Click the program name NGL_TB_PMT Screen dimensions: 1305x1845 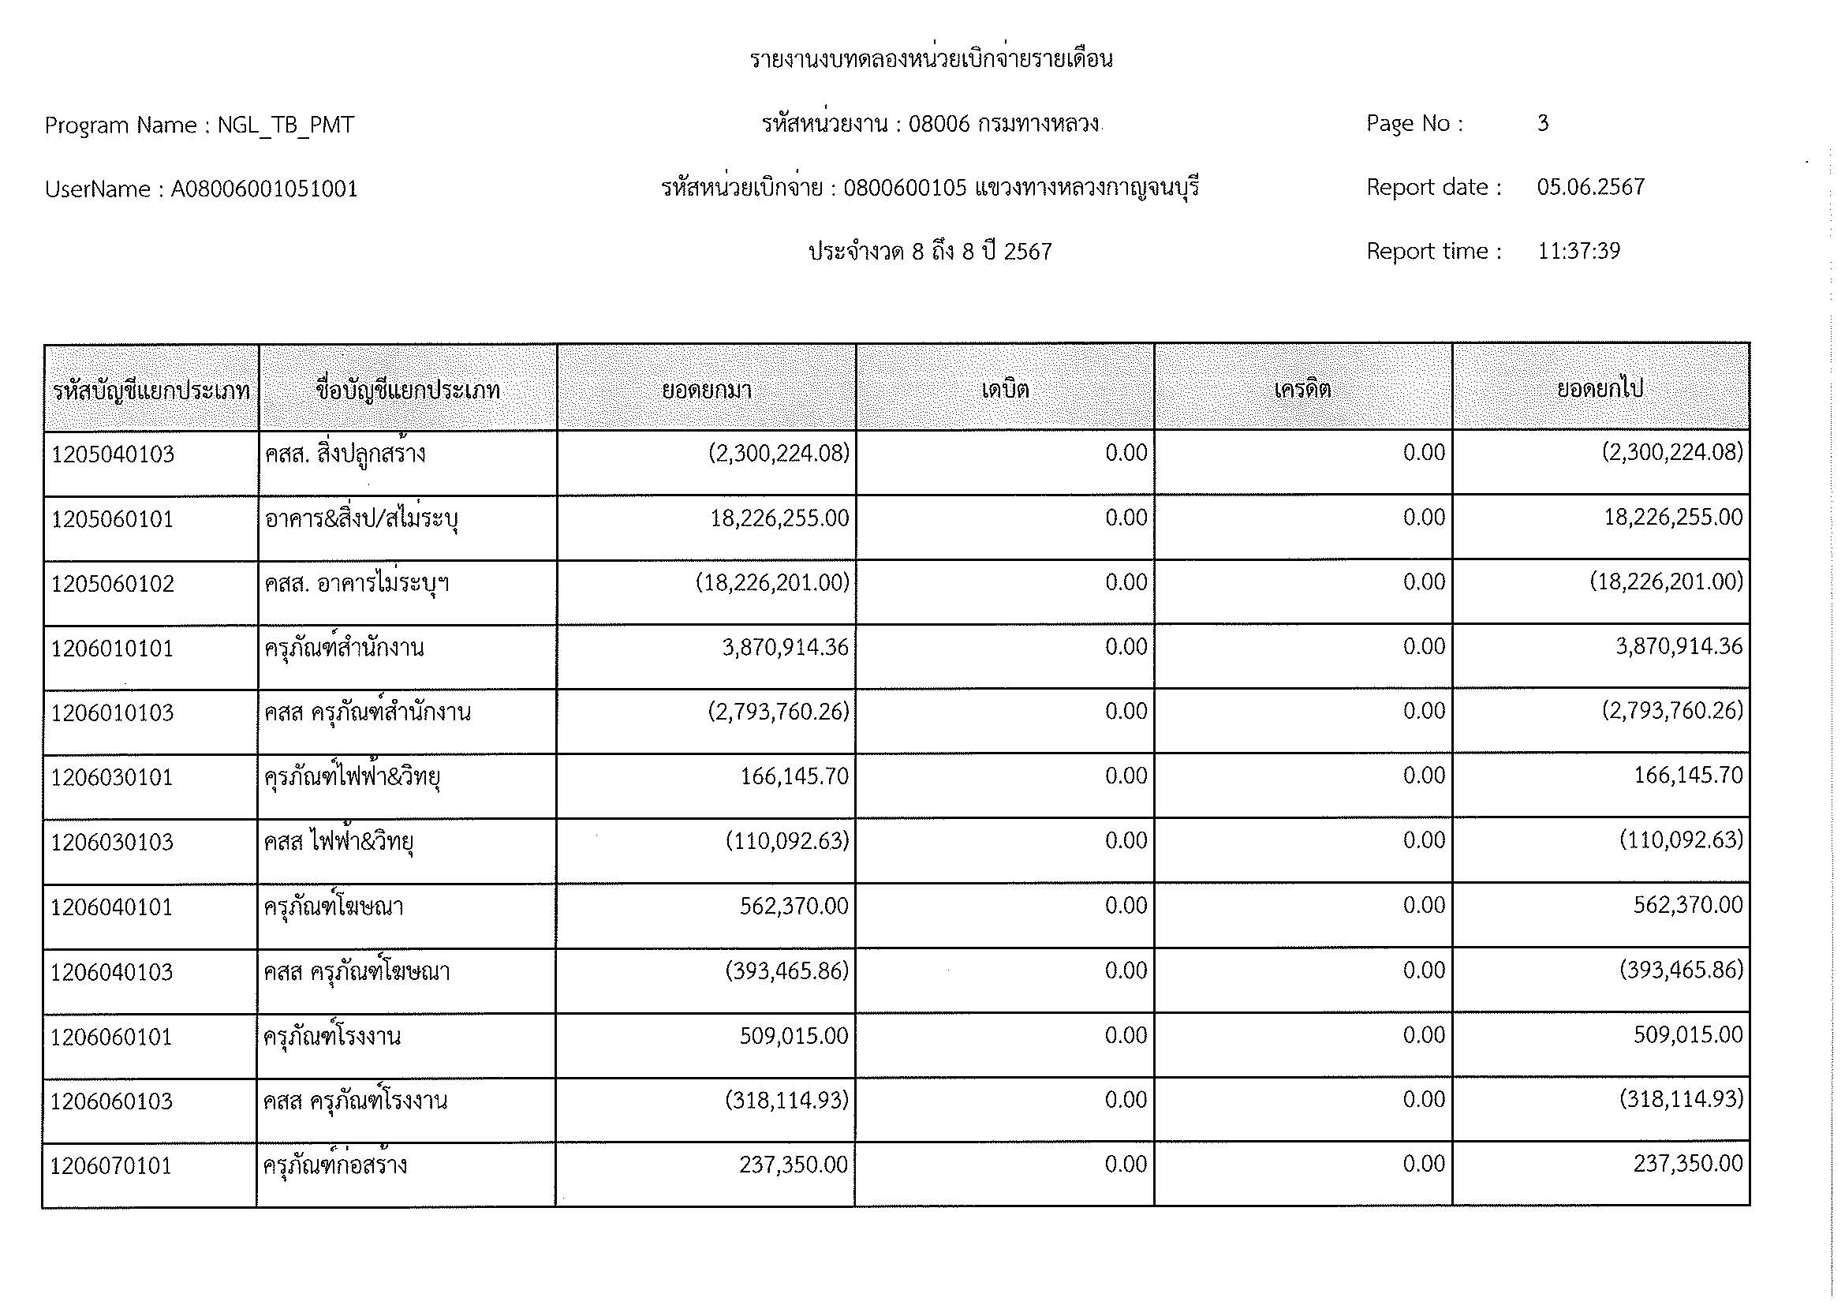286,126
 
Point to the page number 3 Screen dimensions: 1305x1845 1542,124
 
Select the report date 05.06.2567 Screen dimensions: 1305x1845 1590,187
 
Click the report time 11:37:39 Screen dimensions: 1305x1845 1578,252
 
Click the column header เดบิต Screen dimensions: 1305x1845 1004,391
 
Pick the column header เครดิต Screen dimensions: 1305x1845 1302,391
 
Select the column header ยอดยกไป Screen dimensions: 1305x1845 1600,390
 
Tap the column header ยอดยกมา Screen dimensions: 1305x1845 706,391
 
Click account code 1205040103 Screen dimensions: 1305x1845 113,454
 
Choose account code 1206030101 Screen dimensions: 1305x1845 112,778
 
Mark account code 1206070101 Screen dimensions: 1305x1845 111,1166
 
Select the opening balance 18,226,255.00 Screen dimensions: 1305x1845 779,518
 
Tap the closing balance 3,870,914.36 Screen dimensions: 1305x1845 1679,647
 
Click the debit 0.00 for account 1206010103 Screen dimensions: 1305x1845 1125,711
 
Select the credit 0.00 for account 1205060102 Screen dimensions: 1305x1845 1424,582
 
